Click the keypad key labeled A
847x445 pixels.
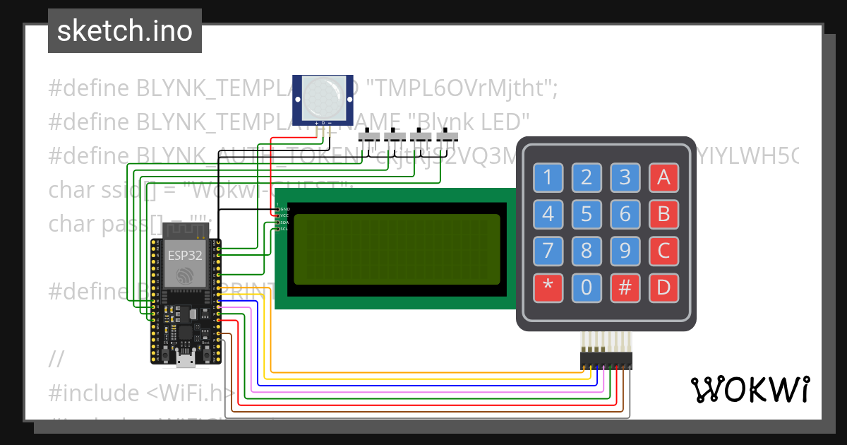coord(663,177)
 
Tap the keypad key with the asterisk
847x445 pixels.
coord(547,287)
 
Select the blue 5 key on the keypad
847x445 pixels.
coord(586,213)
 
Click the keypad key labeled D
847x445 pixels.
coord(663,287)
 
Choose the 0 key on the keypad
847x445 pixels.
coord(586,287)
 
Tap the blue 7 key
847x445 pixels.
coord(547,250)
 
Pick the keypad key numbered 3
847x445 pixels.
coord(624,177)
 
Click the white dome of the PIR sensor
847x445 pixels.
coord(323,97)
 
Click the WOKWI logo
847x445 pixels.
coord(750,389)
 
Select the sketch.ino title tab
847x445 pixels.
coord(124,31)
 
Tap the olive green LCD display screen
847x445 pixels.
coord(397,248)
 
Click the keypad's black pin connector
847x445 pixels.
coord(606,361)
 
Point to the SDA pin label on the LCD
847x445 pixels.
coord(283,222)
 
